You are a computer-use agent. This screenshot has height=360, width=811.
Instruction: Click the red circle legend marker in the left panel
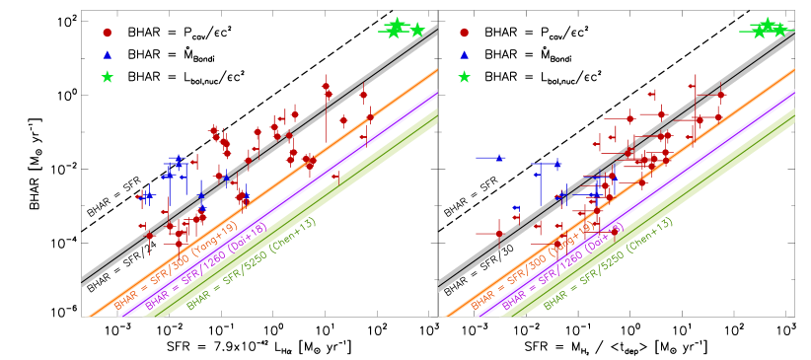[108, 33]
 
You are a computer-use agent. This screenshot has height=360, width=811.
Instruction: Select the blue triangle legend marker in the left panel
[108, 54]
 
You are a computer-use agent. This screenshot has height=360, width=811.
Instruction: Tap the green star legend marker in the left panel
[108, 77]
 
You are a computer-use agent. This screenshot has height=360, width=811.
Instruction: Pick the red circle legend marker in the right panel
[465, 33]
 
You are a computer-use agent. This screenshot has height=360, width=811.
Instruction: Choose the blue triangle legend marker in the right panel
[465, 54]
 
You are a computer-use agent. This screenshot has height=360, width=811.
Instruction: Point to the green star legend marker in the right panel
[465, 77]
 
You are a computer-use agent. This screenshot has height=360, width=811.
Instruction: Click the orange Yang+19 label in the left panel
[176, 266]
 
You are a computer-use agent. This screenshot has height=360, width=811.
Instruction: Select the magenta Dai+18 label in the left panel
[208, 267]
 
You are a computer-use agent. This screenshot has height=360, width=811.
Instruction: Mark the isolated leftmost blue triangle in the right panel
[499, 158]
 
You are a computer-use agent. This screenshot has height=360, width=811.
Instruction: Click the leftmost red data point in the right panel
[499, 234]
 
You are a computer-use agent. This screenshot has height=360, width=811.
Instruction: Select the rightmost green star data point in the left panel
[417, 30]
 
